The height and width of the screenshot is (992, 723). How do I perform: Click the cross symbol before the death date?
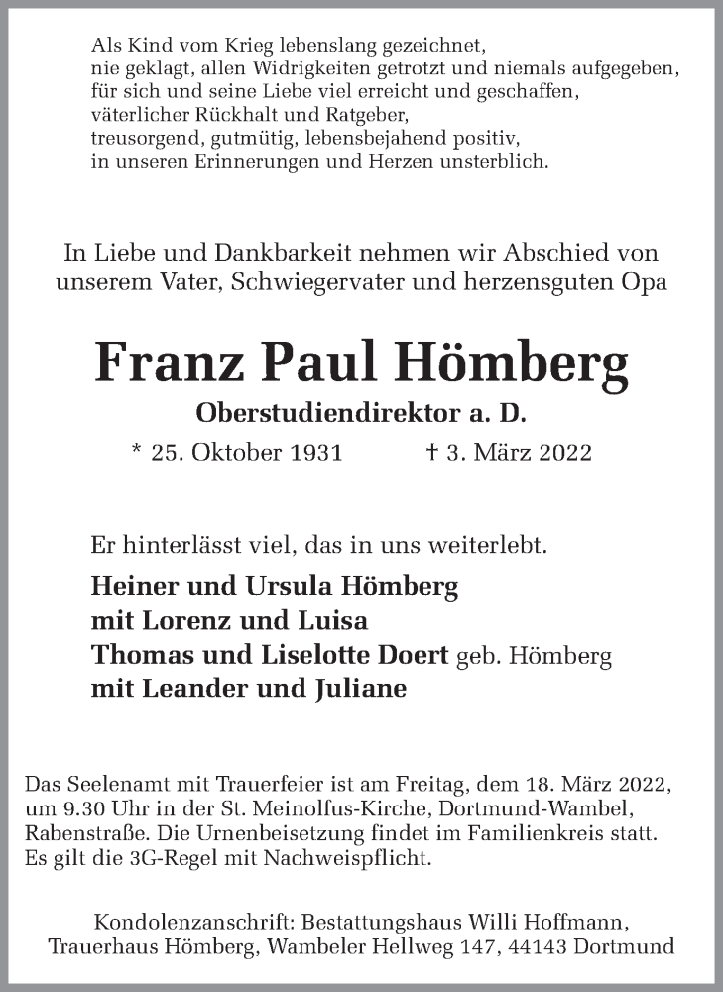(431, 452)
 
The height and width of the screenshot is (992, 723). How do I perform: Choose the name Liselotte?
(319, 656)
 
